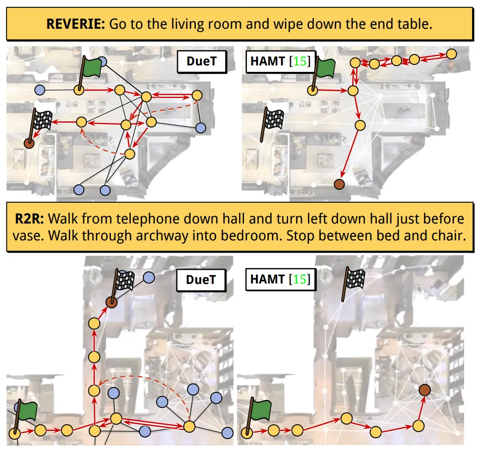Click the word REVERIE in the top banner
75,24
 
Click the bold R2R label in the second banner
29,219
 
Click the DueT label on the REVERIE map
202,61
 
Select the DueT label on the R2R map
201,280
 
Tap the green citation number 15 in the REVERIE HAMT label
299,61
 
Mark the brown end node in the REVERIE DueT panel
29,143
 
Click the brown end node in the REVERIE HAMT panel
339,184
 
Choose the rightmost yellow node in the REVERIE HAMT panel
451,54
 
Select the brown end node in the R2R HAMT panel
424,390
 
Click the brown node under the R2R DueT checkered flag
111,302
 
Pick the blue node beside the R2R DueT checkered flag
149,278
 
